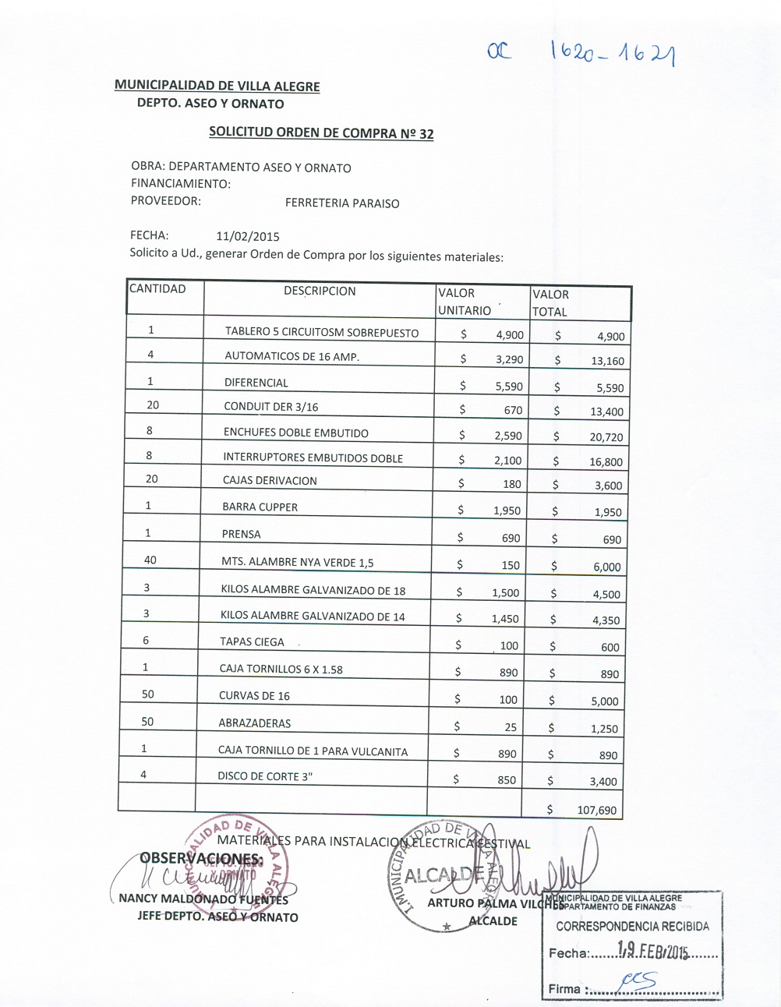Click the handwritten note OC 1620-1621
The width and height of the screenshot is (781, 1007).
580,53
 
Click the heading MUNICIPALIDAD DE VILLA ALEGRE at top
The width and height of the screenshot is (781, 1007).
217,86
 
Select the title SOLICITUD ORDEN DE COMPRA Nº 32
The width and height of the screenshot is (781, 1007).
321,132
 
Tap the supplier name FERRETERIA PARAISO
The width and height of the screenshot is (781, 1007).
342,203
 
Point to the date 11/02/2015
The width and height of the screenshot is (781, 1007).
248,236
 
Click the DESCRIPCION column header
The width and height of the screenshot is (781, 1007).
320,291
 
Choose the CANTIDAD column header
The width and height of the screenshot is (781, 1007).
157,289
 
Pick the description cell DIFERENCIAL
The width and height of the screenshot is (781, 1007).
256,383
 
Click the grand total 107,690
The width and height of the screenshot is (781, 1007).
596,810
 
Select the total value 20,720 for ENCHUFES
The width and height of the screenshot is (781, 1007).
606,437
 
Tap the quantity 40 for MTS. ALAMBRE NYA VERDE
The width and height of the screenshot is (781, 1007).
150,560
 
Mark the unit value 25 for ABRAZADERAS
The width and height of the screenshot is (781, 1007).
511,727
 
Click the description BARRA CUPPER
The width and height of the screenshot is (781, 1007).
260,507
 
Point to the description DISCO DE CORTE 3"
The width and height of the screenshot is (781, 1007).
265,776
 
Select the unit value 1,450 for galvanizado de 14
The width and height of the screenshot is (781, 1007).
505,619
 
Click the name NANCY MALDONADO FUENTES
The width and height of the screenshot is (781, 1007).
203,899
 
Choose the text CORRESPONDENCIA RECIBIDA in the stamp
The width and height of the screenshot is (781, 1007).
632,927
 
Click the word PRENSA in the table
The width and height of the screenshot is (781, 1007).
241,534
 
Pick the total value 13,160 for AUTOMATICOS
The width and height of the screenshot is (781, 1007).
607,361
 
